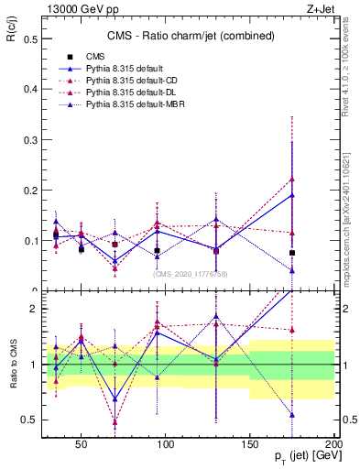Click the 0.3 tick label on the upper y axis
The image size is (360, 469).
pos(27,140)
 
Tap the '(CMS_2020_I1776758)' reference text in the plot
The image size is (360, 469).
pos(191,273)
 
